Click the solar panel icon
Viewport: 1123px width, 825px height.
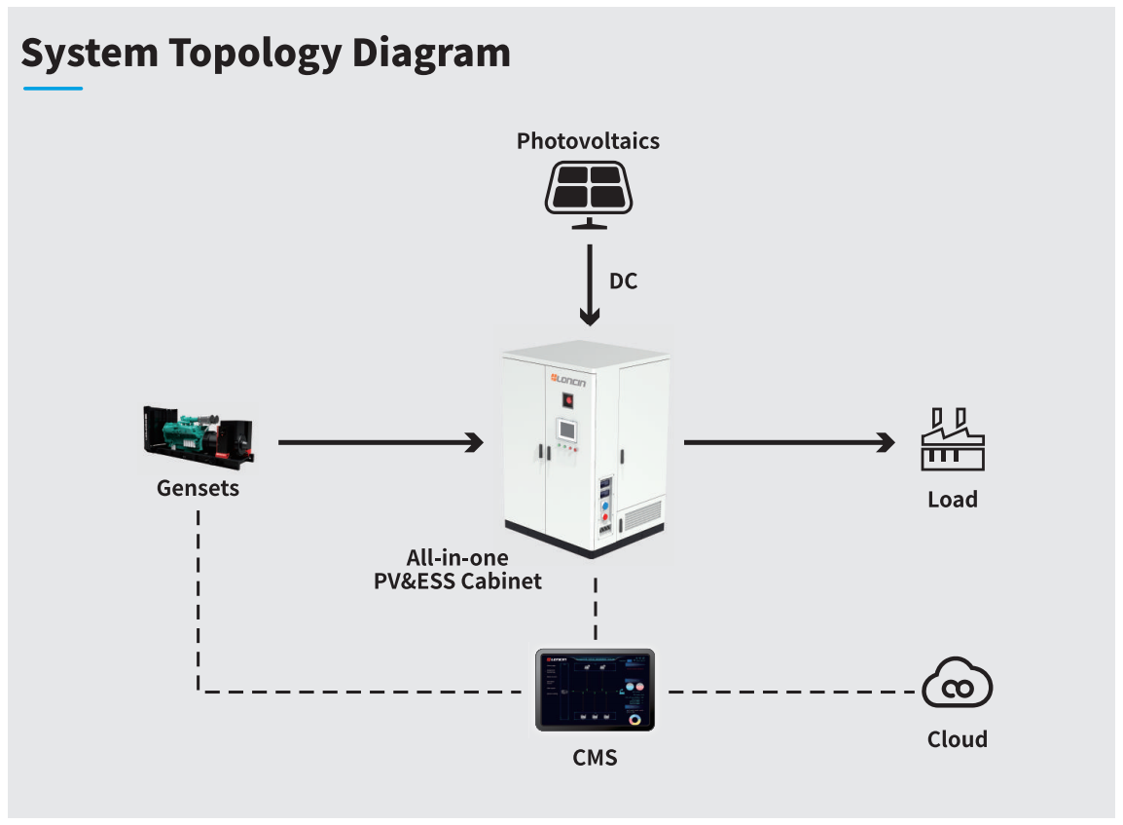587,191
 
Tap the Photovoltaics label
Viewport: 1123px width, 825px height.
588,141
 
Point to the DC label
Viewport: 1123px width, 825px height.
623,281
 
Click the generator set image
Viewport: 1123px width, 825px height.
197,434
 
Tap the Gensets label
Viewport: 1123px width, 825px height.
198,487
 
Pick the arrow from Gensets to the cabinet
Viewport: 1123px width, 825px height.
380,443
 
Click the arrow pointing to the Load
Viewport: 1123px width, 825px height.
788,443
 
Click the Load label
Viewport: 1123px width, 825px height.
952,500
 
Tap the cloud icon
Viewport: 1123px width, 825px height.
957,684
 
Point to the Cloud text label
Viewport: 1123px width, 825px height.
957,739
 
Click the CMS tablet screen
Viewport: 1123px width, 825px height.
595,691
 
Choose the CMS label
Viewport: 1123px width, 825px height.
595,757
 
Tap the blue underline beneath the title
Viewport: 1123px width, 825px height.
53,89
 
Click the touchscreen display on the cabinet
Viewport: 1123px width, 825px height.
566,430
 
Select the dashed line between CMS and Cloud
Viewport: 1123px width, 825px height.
788,692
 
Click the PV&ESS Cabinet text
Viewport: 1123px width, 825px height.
457,581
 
